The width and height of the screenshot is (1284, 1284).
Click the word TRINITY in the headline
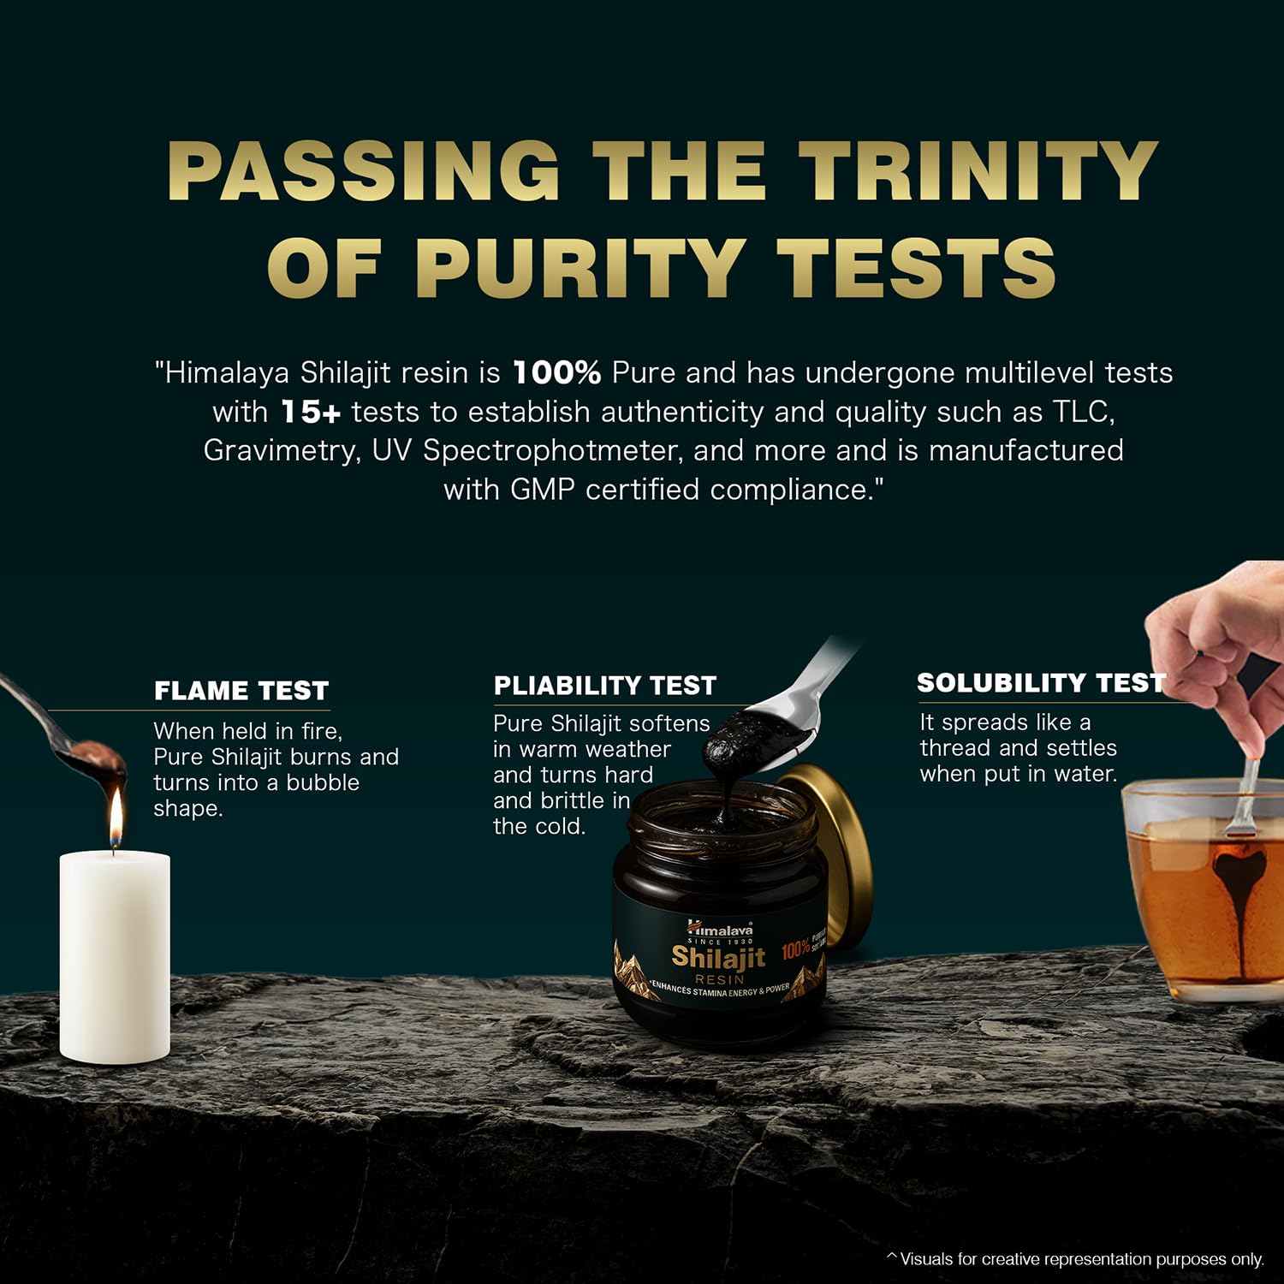(x=978, y=170)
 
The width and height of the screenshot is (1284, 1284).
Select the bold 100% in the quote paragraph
(x=556, y=372)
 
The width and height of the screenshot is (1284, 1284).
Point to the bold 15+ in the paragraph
(x=311, y=412)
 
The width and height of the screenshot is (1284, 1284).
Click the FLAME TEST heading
(x=241, y=691)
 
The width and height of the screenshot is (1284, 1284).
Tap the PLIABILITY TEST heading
(x=605, y=686)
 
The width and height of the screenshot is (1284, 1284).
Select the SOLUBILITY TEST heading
(x=1041, y=683)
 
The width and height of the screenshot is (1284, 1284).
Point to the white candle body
(x=115, y=958)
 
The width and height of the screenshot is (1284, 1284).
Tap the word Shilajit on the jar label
(x=718, y=958)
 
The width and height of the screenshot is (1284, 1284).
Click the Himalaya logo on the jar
(x=720, y=928)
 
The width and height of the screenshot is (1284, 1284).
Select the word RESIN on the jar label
(x=720, y=979)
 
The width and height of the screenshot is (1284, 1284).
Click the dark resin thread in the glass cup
(x=1233, y=907)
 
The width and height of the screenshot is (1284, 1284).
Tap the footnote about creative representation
(x=1076, y=1259)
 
